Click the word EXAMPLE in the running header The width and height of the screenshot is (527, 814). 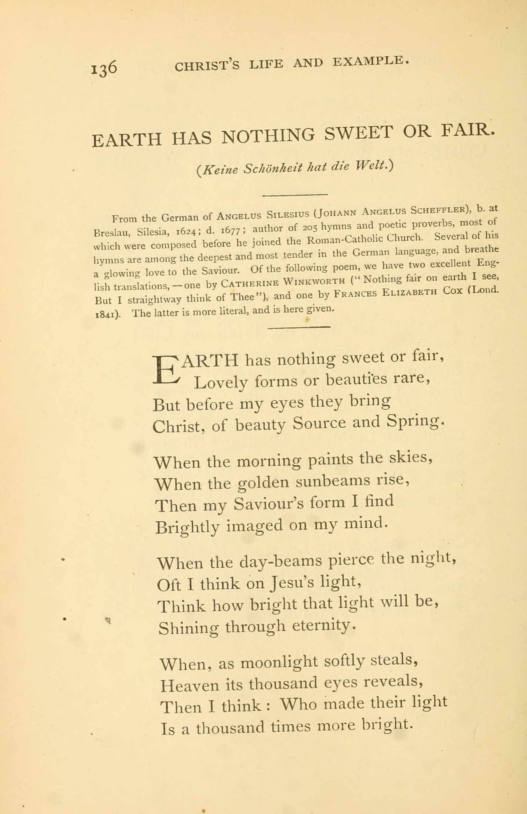(x=371, y=62)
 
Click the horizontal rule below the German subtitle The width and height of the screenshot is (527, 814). (x=295, y=195)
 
